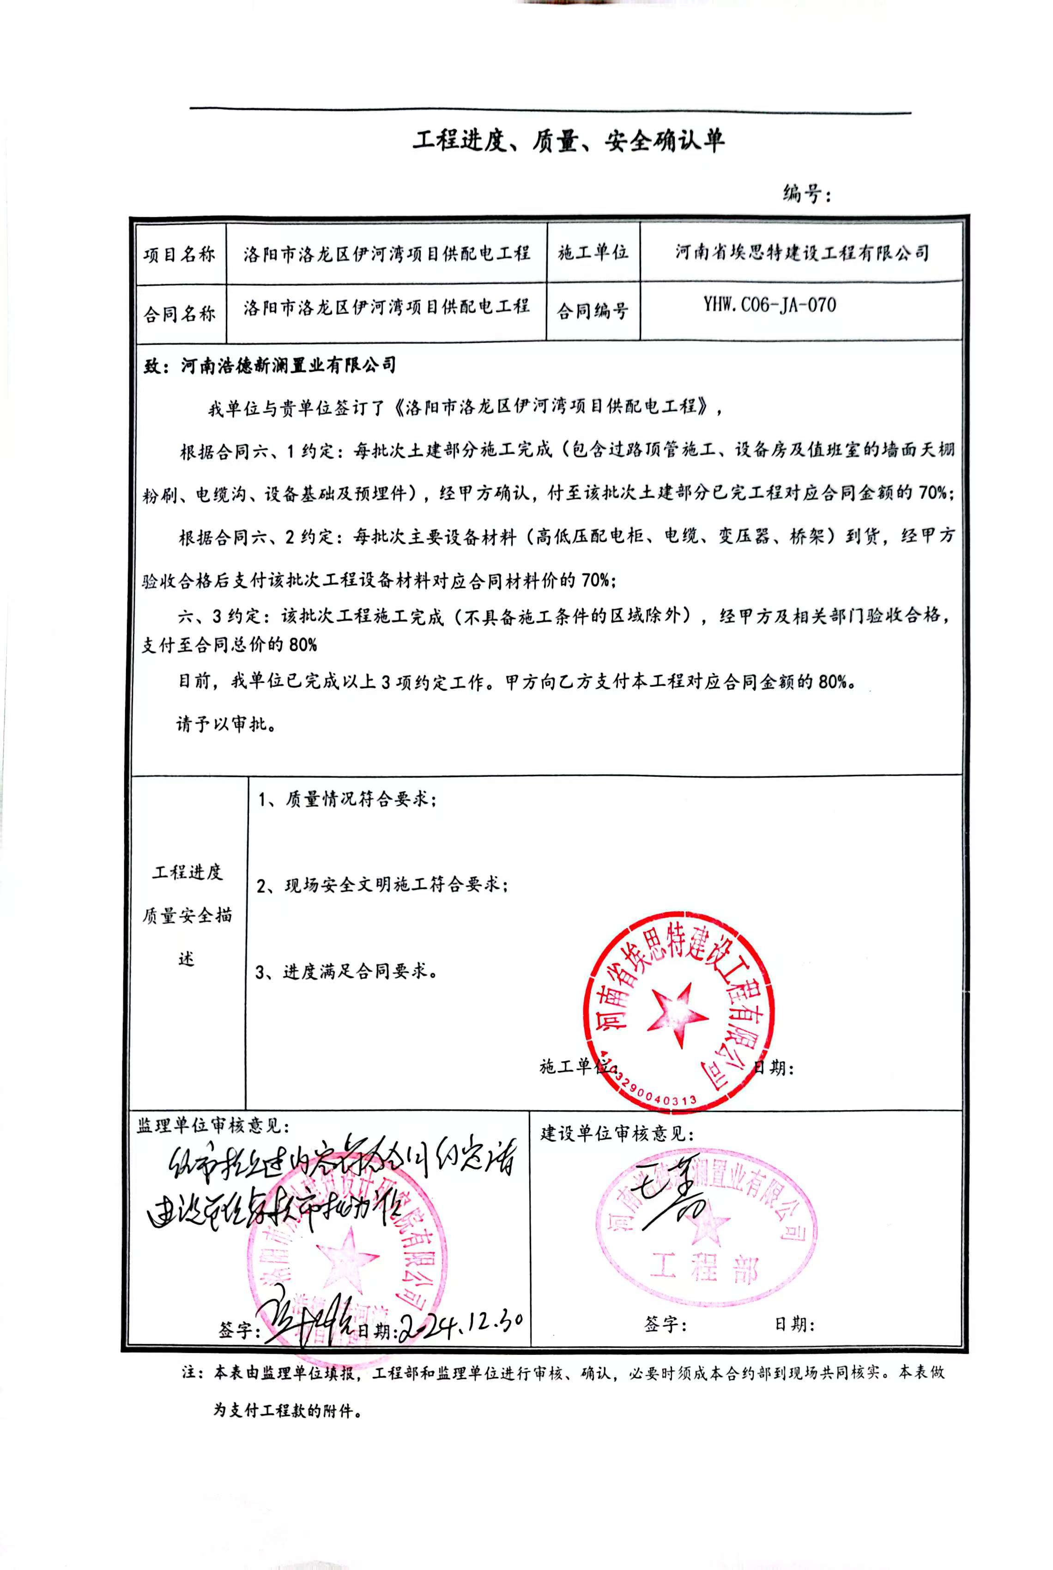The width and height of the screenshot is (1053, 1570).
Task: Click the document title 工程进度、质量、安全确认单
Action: (568, 140)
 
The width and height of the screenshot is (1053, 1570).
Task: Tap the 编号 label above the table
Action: (806, 194)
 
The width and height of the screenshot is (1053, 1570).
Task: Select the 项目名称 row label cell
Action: (179, 255)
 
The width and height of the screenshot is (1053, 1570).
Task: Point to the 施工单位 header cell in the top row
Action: (593, 253)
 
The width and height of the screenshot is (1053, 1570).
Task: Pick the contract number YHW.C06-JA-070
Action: (769, 306)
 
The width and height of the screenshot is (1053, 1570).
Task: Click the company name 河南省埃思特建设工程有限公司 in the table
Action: (802, 253)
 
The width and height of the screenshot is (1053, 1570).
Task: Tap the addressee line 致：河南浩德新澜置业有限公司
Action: (270, 365)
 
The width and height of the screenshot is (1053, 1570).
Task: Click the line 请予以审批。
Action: (226, 724)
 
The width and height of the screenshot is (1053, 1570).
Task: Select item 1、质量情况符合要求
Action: (346, 799)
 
